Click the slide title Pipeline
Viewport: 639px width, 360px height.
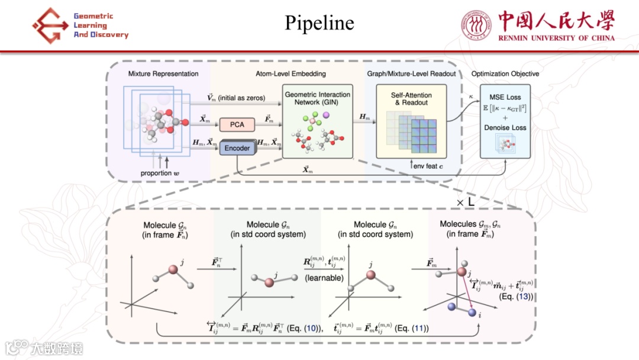tap(319, 22)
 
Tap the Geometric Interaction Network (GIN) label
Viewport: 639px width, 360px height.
tap(317, 98)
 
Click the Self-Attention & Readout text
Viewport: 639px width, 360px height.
tap(411, 99)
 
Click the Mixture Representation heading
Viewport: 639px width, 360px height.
tap(163, 73)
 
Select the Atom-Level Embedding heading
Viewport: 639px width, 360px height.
tap(290, 73)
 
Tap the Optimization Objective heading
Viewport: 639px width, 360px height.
tap(505, 73)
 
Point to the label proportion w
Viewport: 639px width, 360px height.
tap(163, 173)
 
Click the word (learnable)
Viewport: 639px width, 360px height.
tap(324, 278)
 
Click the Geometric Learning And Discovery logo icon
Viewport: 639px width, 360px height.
tap(50, 25)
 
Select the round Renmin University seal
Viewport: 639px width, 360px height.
tap(476, 26)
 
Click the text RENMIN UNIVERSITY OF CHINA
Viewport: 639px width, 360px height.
tap(557, 38)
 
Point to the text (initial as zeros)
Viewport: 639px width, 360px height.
tap(241, 97)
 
